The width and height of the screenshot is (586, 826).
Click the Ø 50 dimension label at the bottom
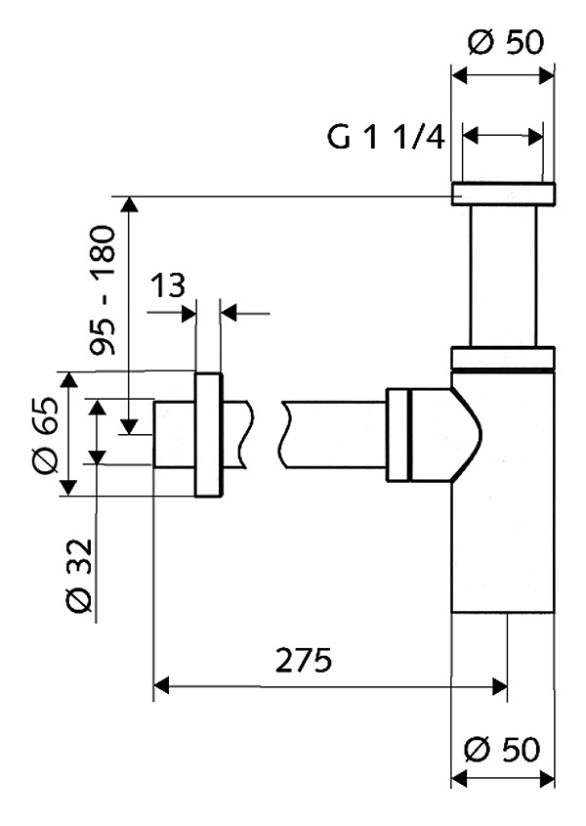tap(504, 750)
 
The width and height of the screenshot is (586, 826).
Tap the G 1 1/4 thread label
tap(386, 137)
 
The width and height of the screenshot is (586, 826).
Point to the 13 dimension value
tap(169, 286)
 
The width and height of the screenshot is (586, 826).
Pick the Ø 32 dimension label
tap(81, 577)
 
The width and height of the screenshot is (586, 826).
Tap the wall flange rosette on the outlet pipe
tap(208, 434)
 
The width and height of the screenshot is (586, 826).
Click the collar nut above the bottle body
tap(503, 358)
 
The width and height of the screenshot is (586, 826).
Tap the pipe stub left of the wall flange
tap(174, 434)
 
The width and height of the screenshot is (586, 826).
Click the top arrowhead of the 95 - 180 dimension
tap(128, 203)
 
